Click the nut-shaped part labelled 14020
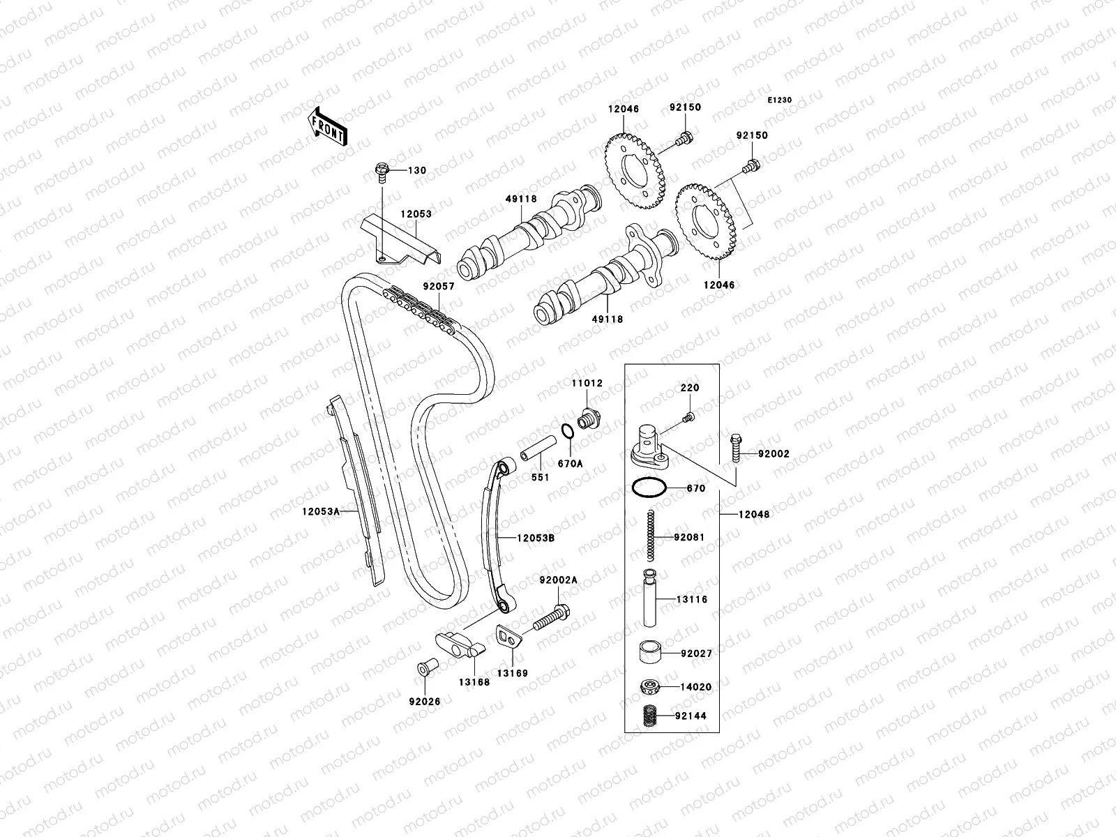(650, 687)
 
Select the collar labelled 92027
(650, 654)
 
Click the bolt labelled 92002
(735, 446)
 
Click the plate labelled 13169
(508, 637)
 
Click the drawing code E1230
(780, 100)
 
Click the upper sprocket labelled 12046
(635, 168)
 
